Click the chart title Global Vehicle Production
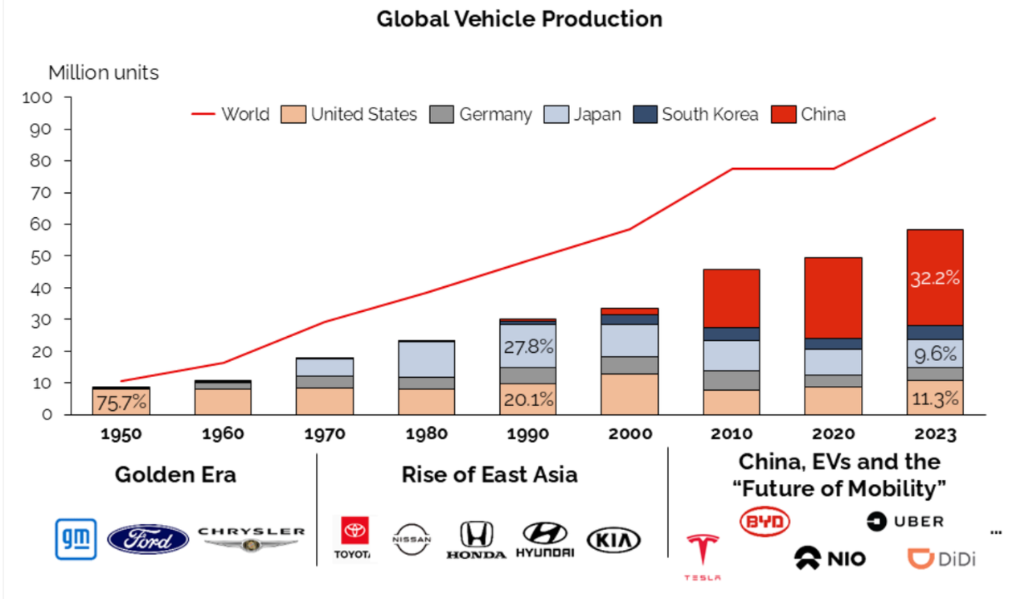click(x=519, y=18)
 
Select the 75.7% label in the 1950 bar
click(x=121, y=402)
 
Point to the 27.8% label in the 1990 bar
click(x=527, y=347)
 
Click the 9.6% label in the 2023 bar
click(x=935, y=354)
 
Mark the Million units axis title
click(x=104, y=72)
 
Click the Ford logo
click(x=148, y=538)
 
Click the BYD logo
click(x=765, y=522)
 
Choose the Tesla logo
click(x=703, y=556)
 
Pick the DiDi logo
click(x=941, y=559)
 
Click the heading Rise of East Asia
click(x=489, y=474)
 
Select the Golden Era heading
click(x=175, y=474)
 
